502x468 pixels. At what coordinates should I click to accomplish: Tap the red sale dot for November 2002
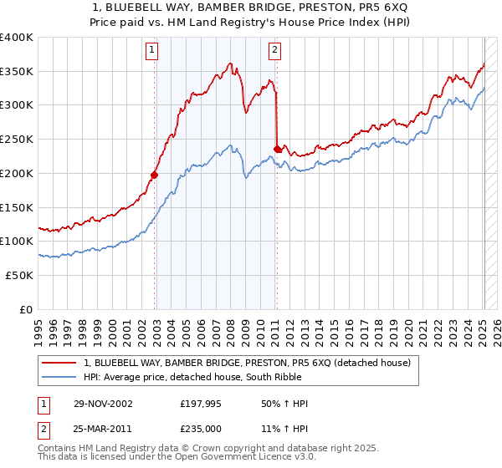tap(155, 175)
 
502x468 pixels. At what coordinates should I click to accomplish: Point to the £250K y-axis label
tap(17, 139)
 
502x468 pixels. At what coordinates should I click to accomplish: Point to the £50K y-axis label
tap(20, 275)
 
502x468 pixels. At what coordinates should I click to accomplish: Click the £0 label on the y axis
tap(27, 309)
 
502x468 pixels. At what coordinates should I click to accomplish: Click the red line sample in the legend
tap(59, 363)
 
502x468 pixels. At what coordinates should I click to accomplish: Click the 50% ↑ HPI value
tap(284, 404)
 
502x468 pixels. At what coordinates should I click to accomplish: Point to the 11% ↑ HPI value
tap(284, 428)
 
